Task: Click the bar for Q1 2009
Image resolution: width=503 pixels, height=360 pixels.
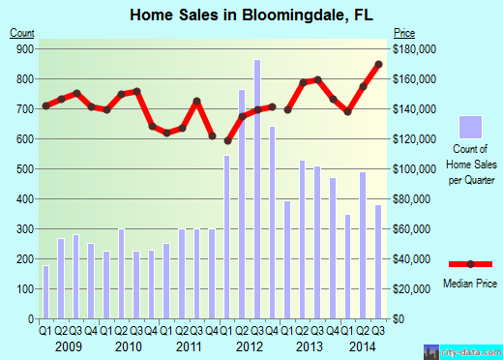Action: [x=45, y=291]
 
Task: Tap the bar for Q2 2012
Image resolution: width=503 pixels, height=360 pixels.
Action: [x=242, y=203]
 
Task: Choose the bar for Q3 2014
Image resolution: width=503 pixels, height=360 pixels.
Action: [x=378, y=261]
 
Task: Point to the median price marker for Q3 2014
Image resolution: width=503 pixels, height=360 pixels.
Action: [x=378, y=65]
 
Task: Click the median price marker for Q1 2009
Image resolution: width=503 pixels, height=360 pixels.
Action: [x=45, y=105]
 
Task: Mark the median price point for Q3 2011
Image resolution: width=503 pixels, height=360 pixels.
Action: [x=196, y=101]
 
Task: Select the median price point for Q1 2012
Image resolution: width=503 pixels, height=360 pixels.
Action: [x=226, y=140]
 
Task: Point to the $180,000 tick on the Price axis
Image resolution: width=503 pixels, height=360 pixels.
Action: [x=413, y=48]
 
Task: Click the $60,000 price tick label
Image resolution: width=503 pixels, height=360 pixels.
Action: [x=413, y=229]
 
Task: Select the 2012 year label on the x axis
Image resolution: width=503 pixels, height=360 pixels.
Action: [x=250, y=346]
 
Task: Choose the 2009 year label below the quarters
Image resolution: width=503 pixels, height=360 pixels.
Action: [x=68, y=346]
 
